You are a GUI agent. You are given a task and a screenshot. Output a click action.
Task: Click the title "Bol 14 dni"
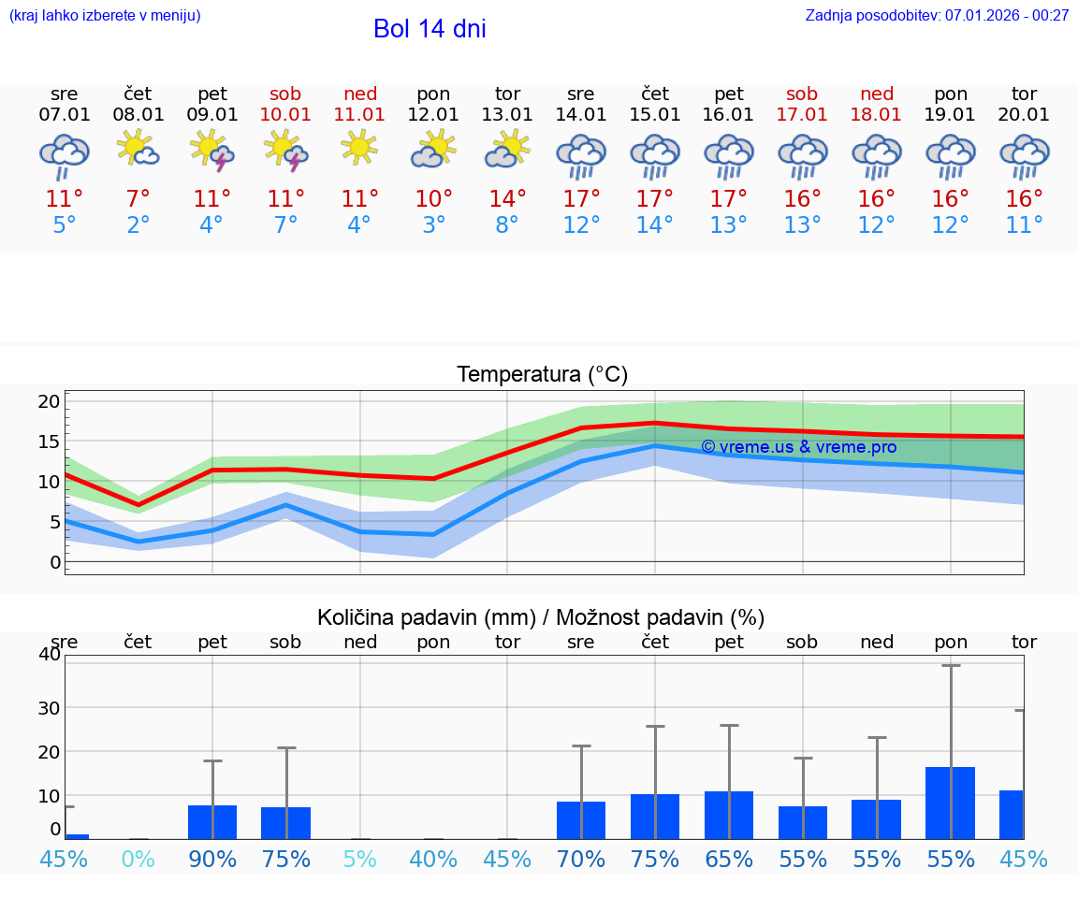point(430,29)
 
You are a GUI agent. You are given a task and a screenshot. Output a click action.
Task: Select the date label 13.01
point(507,115)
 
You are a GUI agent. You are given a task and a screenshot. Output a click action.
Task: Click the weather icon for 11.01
point(359,150)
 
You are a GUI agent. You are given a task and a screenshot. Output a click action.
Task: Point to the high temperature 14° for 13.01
point(507,199)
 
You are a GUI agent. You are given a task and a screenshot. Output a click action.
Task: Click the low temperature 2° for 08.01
point(138,225)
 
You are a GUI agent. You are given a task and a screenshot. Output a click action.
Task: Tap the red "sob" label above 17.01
point(802,94)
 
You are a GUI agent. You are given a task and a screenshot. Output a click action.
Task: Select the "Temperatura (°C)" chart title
point(543,375)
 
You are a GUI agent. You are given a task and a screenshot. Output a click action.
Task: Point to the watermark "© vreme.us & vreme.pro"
point(798,447)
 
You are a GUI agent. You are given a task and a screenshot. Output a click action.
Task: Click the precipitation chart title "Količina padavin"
point(541,617)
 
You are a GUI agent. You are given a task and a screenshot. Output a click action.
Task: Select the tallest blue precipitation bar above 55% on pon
point(951,803)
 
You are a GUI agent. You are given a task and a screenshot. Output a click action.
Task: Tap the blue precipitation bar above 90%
point(212,822)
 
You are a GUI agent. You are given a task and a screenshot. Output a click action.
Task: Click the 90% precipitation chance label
point(212,860)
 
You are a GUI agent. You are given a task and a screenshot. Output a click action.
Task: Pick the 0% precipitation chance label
point(138,860)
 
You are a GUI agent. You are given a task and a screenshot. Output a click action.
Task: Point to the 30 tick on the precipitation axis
point(49,707)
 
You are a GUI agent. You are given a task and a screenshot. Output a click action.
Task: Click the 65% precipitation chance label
point(729,860)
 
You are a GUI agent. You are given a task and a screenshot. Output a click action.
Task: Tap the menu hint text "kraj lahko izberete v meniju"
point(105,16)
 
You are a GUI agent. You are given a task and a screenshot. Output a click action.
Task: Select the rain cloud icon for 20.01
point(1024,155)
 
